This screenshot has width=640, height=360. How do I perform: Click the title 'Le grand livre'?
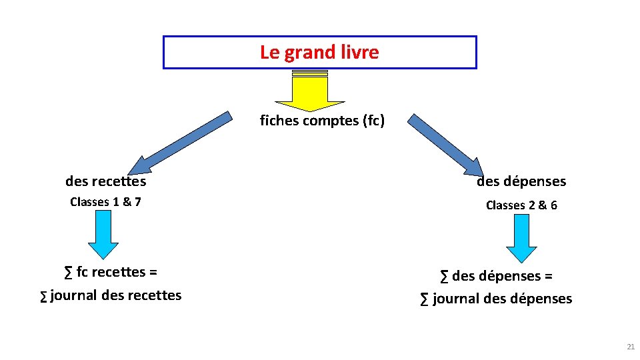[x=319, y=52]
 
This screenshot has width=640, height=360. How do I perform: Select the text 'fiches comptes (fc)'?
[x=322, y=121]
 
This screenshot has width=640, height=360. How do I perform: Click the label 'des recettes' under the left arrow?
[x=105, y=181]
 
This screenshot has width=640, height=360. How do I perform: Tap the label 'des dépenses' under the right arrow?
[x=521, y=181]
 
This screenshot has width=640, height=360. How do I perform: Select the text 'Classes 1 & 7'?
[x=105, y=201]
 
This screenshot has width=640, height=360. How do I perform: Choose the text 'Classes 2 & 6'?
[x=521, y=205]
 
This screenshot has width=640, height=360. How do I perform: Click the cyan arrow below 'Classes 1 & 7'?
[x=103, y=234]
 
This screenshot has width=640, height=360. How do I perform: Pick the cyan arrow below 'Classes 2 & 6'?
[x=521, y=239]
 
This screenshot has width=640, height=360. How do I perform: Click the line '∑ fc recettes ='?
[x=111, y=272]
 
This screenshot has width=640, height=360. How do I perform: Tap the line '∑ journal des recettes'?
[x=111, y=295]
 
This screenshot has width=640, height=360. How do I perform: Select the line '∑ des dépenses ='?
[x=496, y=276]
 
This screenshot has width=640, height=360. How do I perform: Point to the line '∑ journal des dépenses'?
[x=496, y=299]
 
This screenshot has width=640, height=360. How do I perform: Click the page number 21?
[x=631, y=347]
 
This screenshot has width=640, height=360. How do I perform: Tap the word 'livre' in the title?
[x=359, y=52]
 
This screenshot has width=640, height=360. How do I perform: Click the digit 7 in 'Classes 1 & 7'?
[x=137, y=201]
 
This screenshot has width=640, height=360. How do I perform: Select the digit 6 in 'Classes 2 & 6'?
[x=553, y=205]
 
